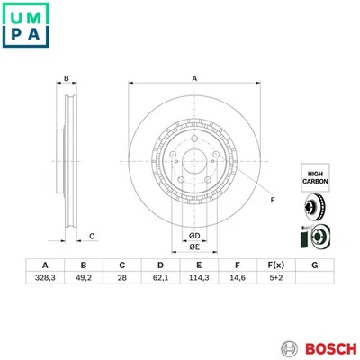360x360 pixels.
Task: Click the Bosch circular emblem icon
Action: coord(290,346)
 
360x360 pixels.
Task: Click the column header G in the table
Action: coord(312,265)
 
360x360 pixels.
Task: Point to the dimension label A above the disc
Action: coord(193,79)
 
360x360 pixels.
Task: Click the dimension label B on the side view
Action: coord(67,79)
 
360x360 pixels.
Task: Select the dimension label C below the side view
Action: coord(92,237)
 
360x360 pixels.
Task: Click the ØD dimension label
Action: coord(193,236)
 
